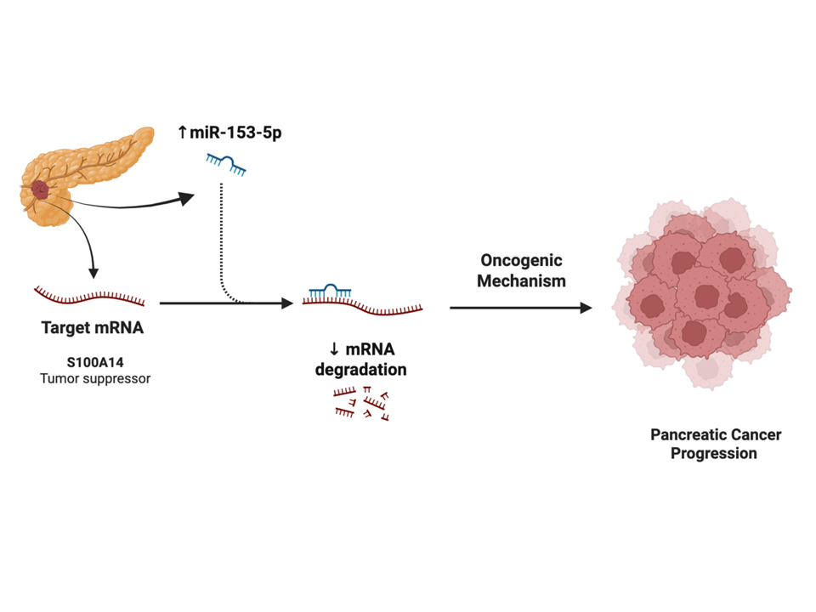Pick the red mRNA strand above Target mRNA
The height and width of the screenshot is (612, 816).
point(89,297)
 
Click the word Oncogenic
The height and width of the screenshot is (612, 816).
point(521,261)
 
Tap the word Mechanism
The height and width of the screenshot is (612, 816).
point(521,280)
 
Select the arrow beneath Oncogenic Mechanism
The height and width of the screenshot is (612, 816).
point(520,308)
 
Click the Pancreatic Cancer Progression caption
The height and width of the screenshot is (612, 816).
point(715,444)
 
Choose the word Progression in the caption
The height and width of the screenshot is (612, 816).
point(714,454)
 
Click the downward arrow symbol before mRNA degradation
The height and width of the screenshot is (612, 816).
point(334,349)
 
